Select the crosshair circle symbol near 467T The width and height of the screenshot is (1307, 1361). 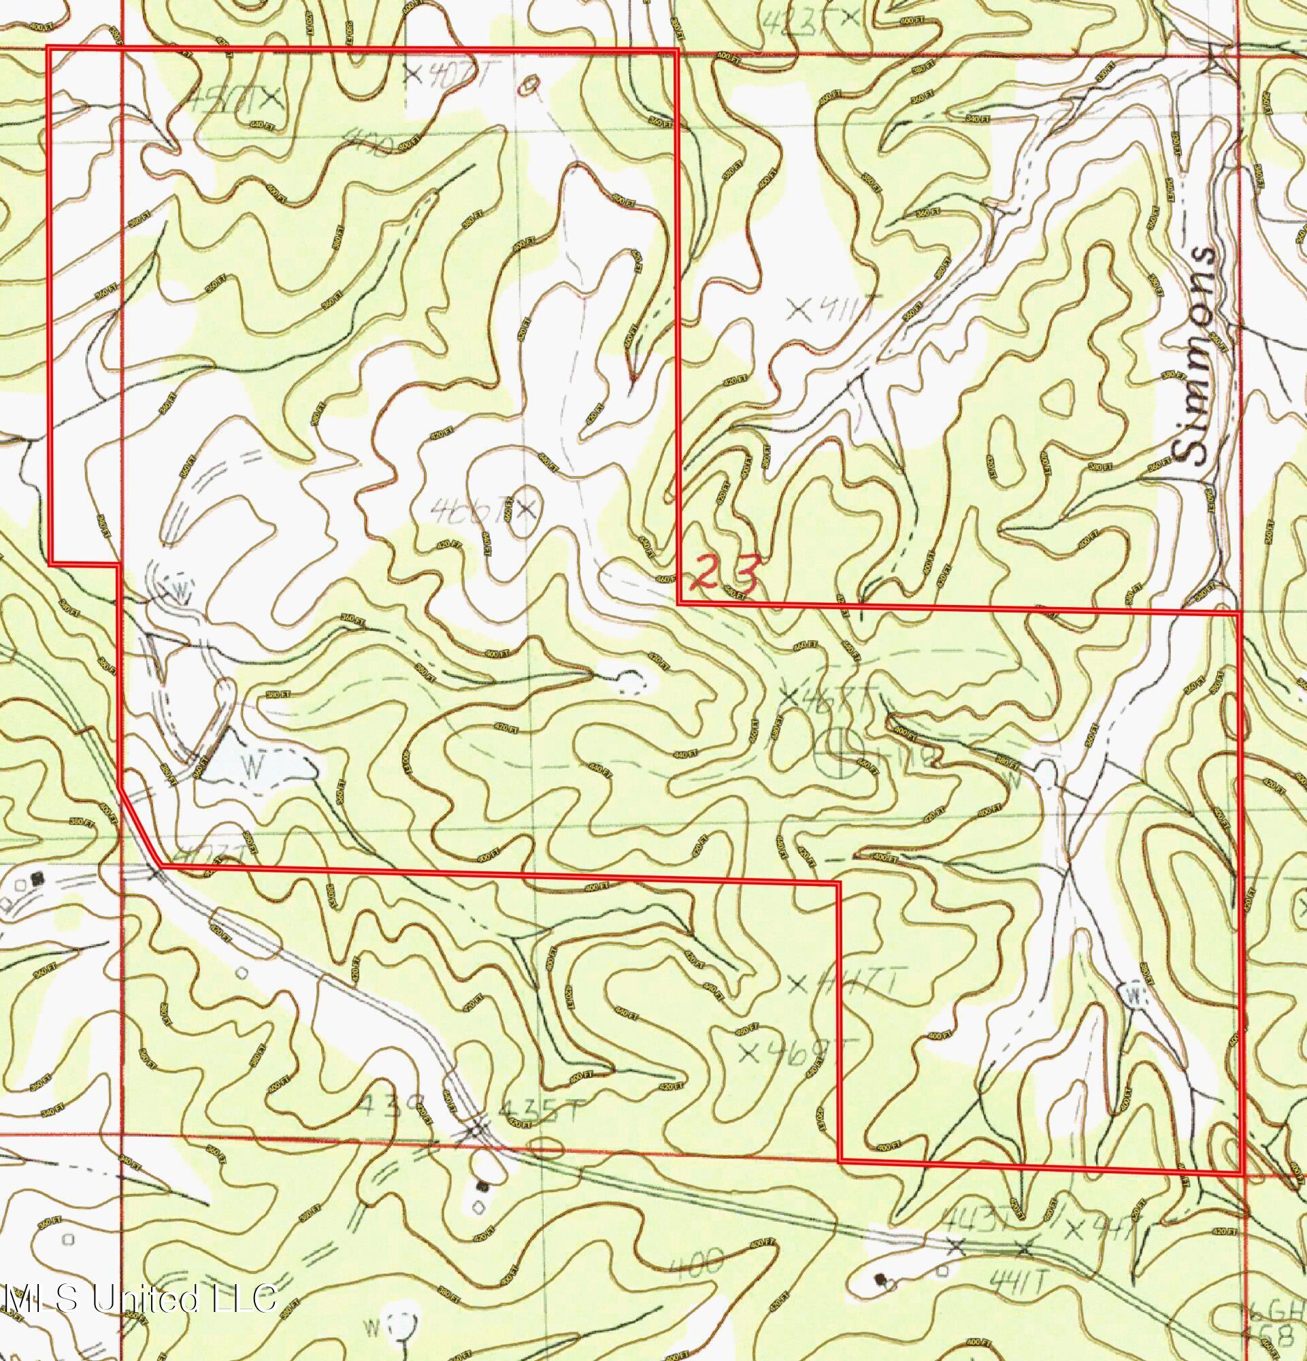pyautogui.click(x=842, y=751)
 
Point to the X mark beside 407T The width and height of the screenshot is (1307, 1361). pyautogui.click(x=414, y=72)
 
